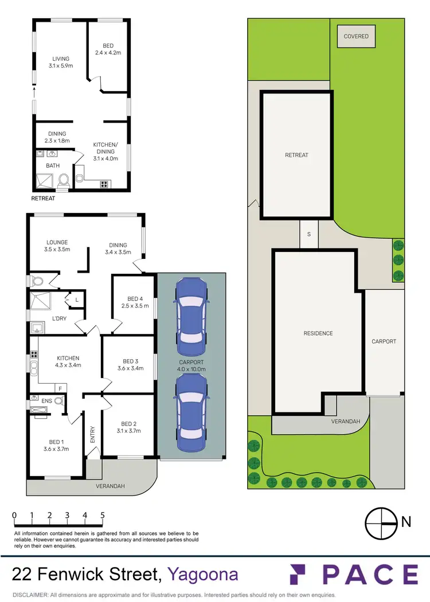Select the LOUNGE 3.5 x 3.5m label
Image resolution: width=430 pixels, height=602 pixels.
point(57,246)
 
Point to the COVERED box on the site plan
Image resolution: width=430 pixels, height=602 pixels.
point(356,37)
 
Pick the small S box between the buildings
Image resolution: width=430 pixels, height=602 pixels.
point(309,234)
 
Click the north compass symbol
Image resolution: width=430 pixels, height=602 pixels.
point(381,522)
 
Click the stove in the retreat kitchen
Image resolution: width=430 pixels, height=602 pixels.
point(105,184)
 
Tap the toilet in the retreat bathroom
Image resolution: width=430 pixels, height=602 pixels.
point(64,180)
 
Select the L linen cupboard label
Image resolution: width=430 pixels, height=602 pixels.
point(76,299)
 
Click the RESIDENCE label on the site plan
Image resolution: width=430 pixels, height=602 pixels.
point(318,333)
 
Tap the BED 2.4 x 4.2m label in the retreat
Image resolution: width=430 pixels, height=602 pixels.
point(108,50)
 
